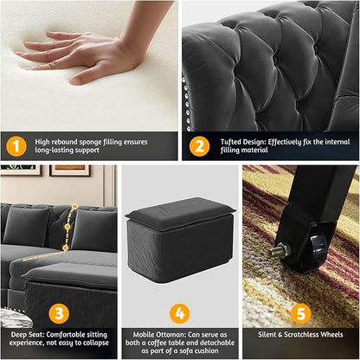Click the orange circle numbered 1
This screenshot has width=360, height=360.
pyautogui.click(x=16, y=146)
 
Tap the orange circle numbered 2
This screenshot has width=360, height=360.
pyautogui.click(x=200, y=146)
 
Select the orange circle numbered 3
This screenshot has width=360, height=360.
pyautogui.click(x=59, y=313)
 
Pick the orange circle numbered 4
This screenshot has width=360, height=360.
pyautogui.click(x=180, y=313)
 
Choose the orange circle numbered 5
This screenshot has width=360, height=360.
pyautogui.click(x=301, y=313)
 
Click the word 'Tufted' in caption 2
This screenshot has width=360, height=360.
pyautogui.click(x=230, y=142)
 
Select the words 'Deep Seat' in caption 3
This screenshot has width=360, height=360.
pyautogui.click(x=28, y=335)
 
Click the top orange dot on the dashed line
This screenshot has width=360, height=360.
pyautogui.click(x=74, y=207)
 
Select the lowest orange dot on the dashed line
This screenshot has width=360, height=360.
pyautogui.click(x=66, y=247)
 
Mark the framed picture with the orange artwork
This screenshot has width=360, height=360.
pyautogui.click(x=69, y=170)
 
